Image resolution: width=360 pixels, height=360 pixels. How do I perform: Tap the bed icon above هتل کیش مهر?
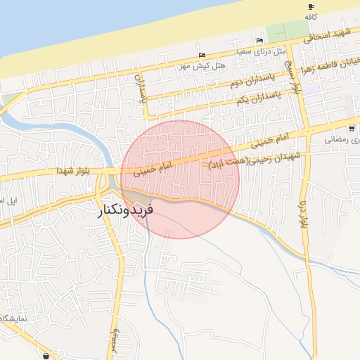click(202, 56)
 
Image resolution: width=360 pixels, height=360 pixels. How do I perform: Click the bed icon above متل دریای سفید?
click(259, 40)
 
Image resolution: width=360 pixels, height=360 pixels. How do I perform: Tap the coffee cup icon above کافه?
click(311, 6)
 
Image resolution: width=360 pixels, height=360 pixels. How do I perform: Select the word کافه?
click(315, 15)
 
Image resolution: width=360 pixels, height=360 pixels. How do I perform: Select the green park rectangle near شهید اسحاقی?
click(287, 32)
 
